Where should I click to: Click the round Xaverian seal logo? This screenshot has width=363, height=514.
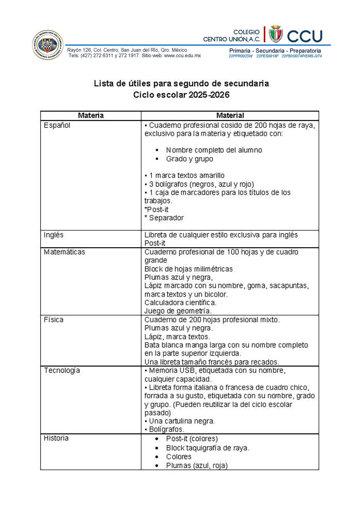(x=48, y=45)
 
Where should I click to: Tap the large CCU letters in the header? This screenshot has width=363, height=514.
(x=305, y=36)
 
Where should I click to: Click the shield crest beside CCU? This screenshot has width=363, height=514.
(x=276, y=35)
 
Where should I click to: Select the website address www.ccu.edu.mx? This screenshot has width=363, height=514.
(x=182, y=56)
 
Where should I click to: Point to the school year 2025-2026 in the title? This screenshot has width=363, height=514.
(x=209, y=95)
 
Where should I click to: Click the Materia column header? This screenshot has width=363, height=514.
(x=91, y=116)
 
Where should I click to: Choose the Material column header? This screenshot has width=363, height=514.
(x=230, y=116)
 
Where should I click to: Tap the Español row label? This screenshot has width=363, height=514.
(x=57, y=125)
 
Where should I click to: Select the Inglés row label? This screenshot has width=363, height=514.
(x=53, y=235)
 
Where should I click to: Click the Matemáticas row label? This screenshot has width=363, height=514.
(x=64, y=252)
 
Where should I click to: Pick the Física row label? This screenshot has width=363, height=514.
(x=53, y=320)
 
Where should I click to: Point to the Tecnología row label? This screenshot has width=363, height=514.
(x=62, y=370)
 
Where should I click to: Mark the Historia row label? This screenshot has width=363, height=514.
(x=56, y=438)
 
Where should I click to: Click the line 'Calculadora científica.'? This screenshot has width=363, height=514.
(x=180, y=302)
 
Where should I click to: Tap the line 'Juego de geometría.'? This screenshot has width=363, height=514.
(x=178, y=311)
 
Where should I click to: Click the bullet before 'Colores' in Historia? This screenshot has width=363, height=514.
(x=157, y=457)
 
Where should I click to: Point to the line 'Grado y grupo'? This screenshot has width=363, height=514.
(x=189, y=159)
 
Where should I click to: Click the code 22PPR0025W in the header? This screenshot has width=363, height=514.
(x=240, y=56)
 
